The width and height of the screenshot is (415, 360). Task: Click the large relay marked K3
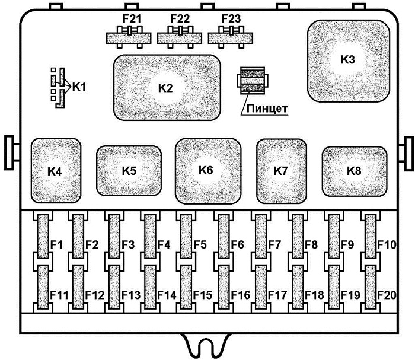[349, 60]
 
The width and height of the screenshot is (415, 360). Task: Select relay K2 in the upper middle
[167, 88]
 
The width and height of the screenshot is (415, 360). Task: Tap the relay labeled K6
[208, 171]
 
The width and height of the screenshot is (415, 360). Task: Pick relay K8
[355, 171]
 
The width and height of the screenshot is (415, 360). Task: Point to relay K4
[56, 171]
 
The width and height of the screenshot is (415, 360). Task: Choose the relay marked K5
[129, 171]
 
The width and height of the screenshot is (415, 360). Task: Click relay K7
[282, 171]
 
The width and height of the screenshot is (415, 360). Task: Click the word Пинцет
[267, 109]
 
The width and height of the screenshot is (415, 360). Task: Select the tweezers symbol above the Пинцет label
[252, 81]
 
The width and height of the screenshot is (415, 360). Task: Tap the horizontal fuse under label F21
[129, 38]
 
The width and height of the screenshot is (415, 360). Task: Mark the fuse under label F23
[231, 38]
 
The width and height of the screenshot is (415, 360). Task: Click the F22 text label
[180, 18]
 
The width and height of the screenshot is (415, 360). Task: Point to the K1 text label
[79, 87]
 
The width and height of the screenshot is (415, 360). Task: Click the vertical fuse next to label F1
[43, 237]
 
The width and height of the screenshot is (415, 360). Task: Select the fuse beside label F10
[371, 237]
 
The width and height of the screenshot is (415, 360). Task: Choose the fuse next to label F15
[186, 287]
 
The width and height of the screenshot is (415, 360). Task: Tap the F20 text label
[387, 295]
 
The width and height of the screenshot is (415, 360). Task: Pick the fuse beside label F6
[224, 237]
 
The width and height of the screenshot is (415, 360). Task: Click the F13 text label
[131, 295]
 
